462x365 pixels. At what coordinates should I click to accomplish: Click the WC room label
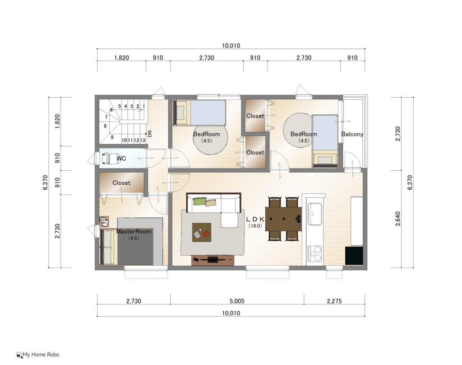121,159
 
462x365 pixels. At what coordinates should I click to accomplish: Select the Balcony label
352,134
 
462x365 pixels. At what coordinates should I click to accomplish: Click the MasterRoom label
134,231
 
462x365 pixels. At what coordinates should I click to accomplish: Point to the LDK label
255,219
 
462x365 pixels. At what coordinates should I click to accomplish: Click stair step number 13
143,140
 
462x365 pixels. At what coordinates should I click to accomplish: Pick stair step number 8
105,126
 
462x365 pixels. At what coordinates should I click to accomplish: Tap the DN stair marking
150,134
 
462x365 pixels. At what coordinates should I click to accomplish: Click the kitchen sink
314,214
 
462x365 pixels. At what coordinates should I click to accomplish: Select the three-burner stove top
314,253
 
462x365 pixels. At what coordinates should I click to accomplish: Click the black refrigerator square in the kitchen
354,256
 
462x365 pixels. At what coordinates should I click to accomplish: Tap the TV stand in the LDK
213,260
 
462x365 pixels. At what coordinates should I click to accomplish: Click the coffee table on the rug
202,232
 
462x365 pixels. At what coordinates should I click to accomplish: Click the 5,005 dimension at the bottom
237,301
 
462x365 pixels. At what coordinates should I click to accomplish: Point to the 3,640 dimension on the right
398,219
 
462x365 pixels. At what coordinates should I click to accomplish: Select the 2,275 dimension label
334,301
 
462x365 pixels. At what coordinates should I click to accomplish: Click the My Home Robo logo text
41,354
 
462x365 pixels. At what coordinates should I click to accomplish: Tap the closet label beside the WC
121,183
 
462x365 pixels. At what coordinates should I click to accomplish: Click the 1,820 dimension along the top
122,57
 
